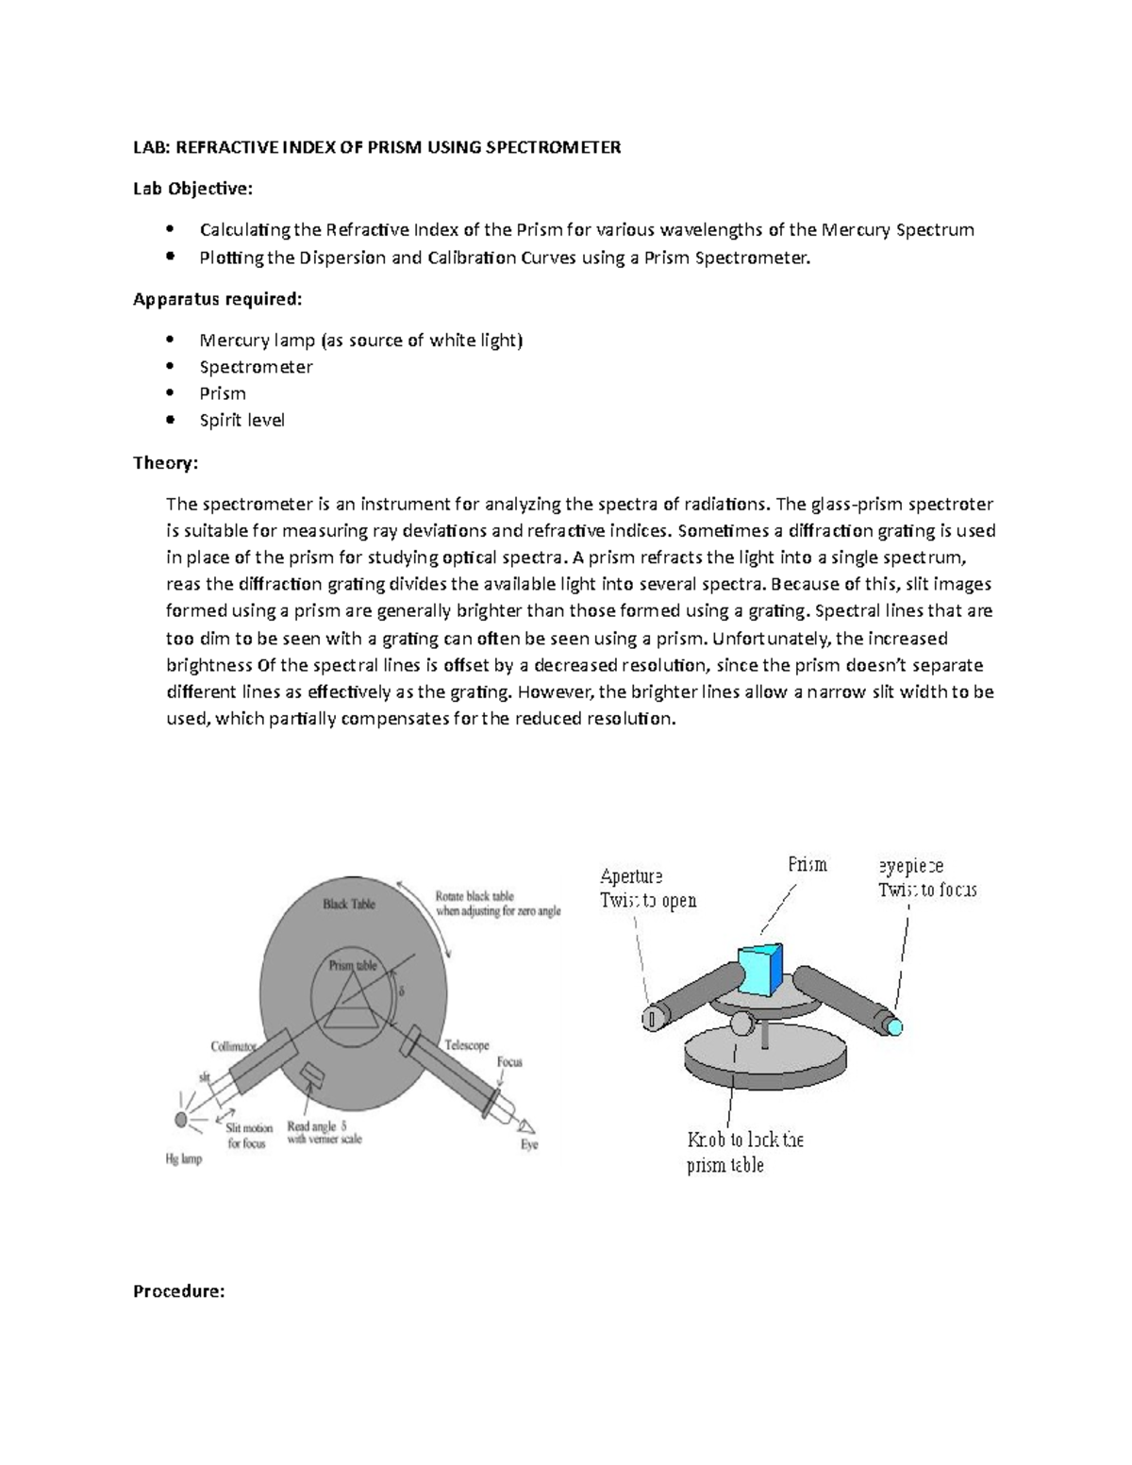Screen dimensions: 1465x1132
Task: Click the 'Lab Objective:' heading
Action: coord(192,189)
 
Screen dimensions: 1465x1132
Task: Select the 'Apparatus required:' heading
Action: coord(218,299)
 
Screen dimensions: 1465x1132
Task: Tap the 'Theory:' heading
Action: coord(165,462)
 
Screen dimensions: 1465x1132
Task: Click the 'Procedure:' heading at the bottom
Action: coord(178,1291)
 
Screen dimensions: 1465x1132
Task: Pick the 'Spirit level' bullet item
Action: coord(241,420)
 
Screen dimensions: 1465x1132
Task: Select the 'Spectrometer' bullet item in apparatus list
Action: coord(256,367)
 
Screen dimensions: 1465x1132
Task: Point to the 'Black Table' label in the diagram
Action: coord(348,904)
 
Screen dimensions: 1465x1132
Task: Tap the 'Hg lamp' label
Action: coord(184,1158)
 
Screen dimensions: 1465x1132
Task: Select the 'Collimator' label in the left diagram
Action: coord(233,1046)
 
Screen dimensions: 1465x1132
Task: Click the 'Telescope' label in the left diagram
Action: coord(466,1045)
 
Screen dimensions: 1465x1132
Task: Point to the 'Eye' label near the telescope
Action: coord(529,1144)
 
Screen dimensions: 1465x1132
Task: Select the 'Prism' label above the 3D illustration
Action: coord(807,864)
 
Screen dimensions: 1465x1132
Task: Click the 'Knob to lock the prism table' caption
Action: coord(744,1152)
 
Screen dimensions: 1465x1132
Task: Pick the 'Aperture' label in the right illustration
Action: coord(631,876)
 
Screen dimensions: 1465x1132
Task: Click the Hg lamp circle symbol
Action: coord(180,1119)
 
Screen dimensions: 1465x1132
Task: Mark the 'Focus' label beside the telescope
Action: coord(508,1062)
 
